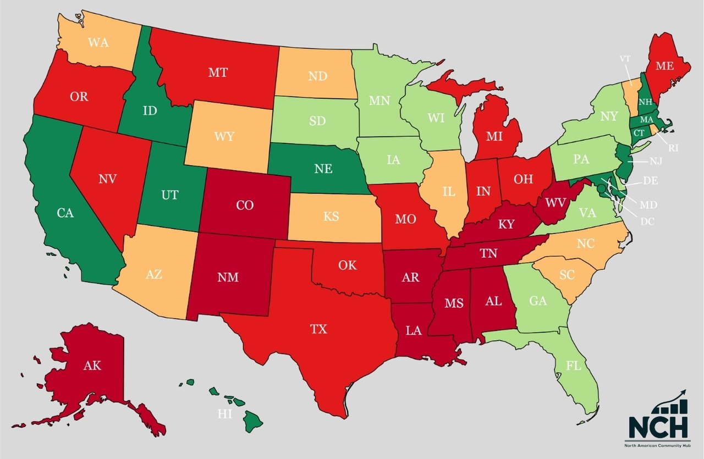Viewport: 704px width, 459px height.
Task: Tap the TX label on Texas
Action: [318, 329]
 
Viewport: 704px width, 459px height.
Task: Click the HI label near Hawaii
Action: [224, 414]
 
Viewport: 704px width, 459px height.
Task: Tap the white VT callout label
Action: [625, 58]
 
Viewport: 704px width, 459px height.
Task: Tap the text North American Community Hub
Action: [658, 444]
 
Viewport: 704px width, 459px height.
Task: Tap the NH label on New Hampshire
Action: [644, 102]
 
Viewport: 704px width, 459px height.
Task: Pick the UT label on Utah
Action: [170, 195]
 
